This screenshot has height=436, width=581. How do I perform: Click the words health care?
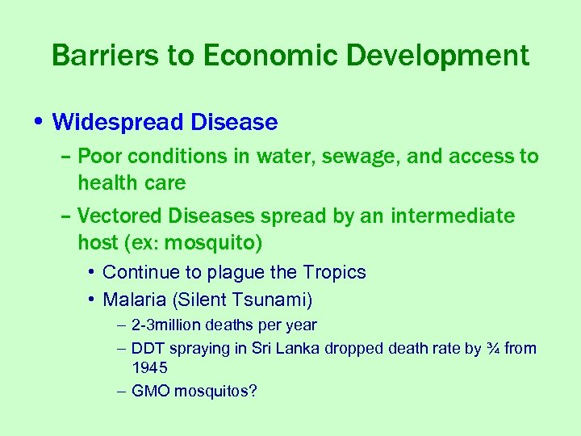pos(132,183)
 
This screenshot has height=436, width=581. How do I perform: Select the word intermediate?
pos(452,216)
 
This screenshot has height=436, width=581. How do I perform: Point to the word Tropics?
pos(335,273)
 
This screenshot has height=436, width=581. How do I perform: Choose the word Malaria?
pos(134,300)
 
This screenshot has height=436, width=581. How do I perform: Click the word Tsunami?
pos(270,300)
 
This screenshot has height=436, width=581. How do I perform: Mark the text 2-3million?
pos(168,325)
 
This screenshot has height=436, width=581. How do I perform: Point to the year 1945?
pos(149,368)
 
